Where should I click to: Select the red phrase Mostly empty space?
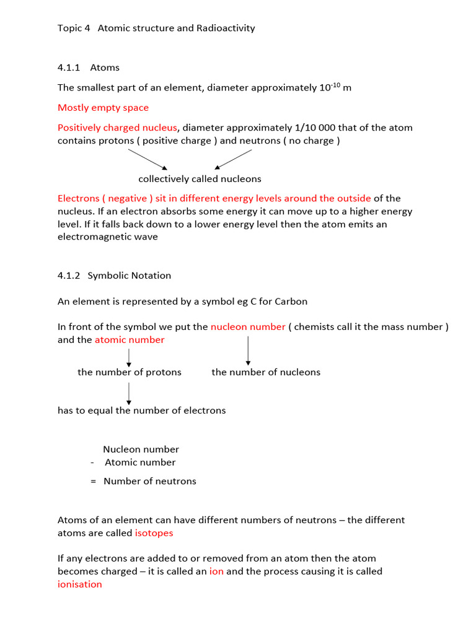(103, 108)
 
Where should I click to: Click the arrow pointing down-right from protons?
(147, 159)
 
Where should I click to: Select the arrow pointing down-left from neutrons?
(233, 159)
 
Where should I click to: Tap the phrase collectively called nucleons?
(200, 179)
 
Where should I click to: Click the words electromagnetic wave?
(107, 237)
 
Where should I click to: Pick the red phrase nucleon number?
(248, 327)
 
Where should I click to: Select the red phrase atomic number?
(130, 340)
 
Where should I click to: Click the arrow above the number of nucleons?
(248, 350)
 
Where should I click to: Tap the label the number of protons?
(129, 372)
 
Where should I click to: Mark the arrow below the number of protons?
(129, 393)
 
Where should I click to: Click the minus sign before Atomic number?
(92, 462)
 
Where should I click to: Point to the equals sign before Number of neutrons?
(93, 481)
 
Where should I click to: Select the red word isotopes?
(154, 532)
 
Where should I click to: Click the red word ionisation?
(79, 584)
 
